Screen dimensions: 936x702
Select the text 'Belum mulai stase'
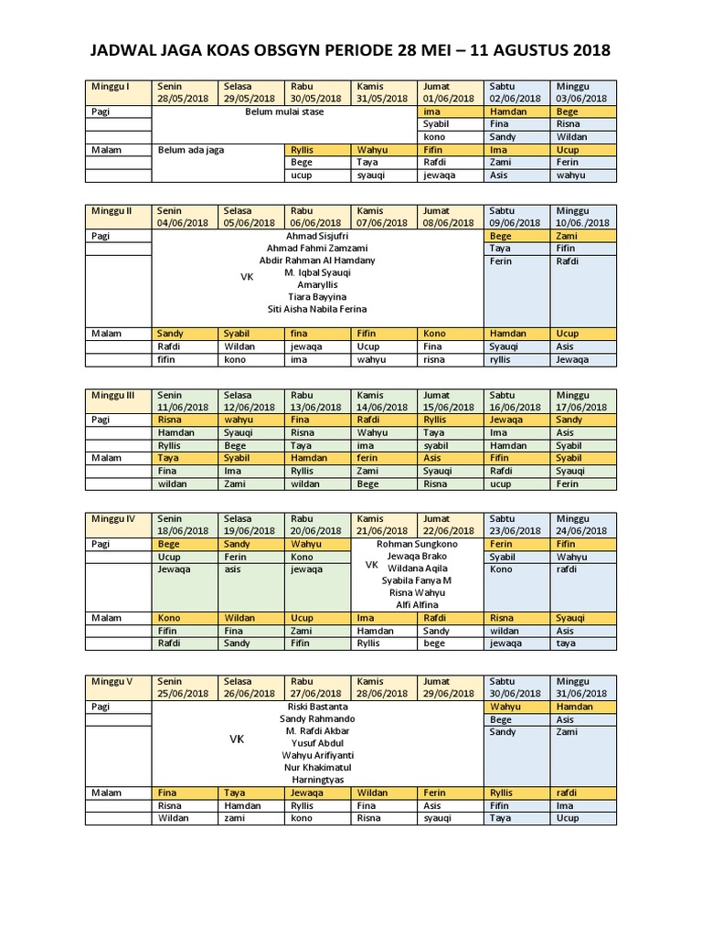pos(284,112)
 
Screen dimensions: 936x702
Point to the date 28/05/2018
pos(183,99)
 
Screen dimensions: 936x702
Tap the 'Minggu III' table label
pos(113,395)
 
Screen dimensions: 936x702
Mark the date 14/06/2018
pos(382,408)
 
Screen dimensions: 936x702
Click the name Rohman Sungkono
pos(417,544)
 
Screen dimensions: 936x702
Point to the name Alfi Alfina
pos(417,605)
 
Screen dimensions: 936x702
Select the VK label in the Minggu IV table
pos(372,566)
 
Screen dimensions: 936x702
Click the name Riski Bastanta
pos(314,707)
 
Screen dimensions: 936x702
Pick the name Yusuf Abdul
pos(314,743)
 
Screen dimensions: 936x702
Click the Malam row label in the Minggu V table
pos(106,792)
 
